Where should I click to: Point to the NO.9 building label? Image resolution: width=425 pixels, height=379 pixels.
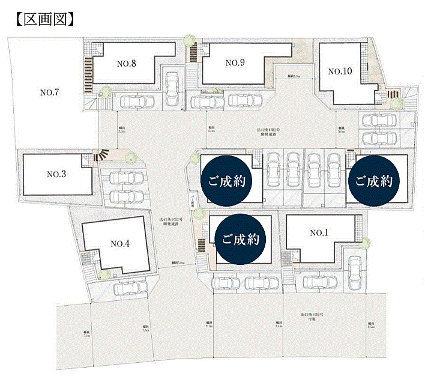coord(236,62)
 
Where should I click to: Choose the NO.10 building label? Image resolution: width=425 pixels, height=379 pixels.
coord(340,71)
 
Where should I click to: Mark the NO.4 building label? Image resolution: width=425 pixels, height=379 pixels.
coord(121,243)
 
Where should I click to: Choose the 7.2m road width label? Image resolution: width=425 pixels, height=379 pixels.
coord(87,335)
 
